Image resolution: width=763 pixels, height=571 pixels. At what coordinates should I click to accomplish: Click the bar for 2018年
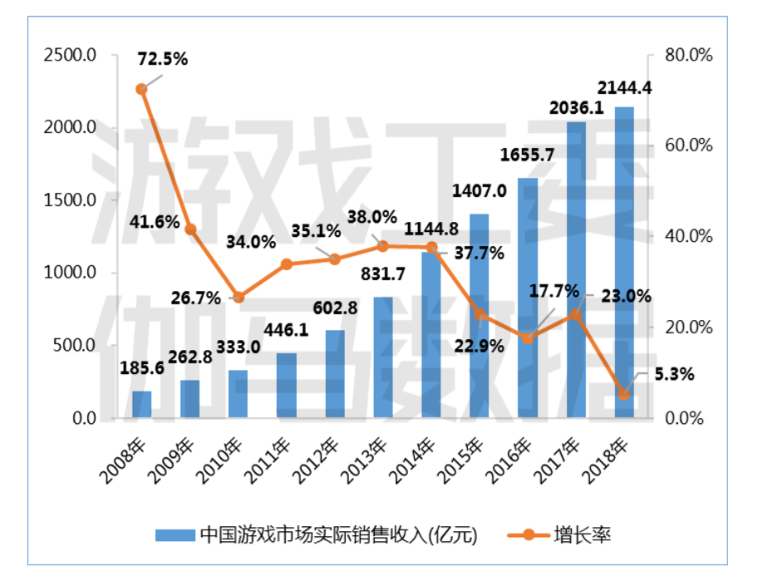[x=624, y=262]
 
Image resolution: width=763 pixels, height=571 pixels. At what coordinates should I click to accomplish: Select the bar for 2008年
[x=142, y=404]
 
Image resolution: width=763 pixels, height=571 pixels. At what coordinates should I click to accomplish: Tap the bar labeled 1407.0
[x=480, y=316]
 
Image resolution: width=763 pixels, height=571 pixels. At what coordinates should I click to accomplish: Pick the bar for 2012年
[x=335, y=374]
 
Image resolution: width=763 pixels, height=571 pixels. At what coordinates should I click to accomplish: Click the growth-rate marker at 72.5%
[x=142, y=88]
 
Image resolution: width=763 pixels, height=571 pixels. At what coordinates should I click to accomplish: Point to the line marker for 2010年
[x=239, y=297]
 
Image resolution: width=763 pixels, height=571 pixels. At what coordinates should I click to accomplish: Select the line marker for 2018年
[x=624, y=394]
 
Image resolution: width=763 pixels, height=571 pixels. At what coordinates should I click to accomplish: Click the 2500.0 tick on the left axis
[x=71, y=56]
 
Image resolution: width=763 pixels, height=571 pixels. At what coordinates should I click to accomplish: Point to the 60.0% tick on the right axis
[x=690, y=145]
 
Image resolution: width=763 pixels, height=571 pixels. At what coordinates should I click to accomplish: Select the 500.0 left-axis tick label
[x=75, y=346]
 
